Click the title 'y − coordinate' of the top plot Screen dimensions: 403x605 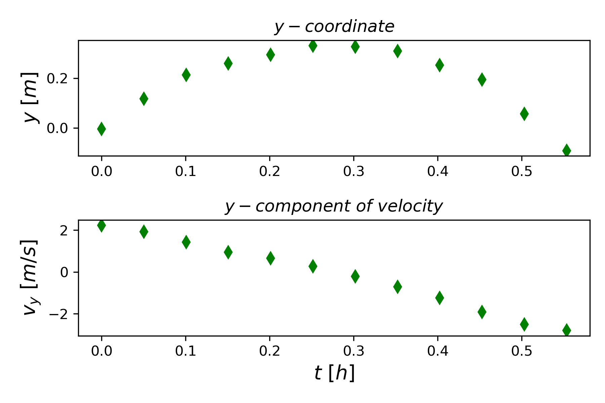point(334,27)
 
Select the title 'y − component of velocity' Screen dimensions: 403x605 point(334,206)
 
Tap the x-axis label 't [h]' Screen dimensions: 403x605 point(334,373)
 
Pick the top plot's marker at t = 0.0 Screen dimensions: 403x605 point(102,129)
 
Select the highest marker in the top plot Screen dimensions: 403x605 point(313,46)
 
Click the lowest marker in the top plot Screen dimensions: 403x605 point(567,150)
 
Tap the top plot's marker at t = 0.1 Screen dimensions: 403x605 point(186,75)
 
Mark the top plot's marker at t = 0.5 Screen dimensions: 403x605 point(524,114)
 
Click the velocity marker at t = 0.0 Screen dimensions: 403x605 point(102,225)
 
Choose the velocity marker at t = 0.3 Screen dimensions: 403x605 point(355,276)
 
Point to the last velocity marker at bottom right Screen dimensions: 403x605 point(567,330)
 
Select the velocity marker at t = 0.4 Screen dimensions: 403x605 point(440,298)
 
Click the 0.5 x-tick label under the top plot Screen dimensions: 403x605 point(522,172)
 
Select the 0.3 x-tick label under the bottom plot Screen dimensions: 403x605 point(354,351)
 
